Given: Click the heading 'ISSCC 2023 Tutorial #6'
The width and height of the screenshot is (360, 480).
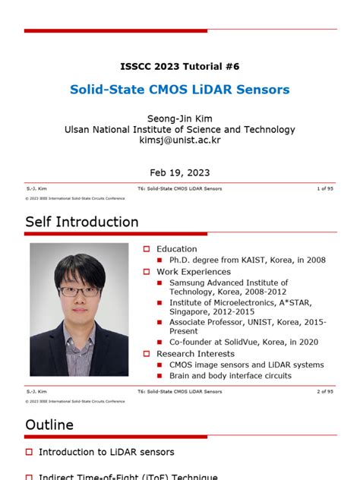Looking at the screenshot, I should [x=179, y=66].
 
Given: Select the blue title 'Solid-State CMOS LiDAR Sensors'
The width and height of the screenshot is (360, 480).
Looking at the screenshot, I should [x=179, y=90].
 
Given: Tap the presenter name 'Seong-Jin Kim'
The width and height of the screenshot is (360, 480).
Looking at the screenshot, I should [x=179, y=118].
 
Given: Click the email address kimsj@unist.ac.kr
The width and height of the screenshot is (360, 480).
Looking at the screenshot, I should [x=179, y=141].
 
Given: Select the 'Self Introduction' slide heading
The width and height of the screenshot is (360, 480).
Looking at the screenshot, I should [x=82, y=222].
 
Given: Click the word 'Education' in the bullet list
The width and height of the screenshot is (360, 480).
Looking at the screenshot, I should [x=176, y=249].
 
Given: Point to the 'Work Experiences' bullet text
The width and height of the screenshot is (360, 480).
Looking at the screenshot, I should [x=194, y=272].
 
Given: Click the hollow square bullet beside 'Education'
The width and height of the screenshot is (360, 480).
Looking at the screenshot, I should [x=147, y=249].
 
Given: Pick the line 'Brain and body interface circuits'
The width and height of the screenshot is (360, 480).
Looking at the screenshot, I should [x=230, y=375].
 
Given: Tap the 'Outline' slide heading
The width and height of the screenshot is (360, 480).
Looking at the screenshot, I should [x=49, y=425].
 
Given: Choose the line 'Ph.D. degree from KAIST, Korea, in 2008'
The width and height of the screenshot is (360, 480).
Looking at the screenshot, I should [x=242, y=260].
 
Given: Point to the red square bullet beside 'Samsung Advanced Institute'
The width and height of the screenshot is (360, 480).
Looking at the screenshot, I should [x=160, y=283].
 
